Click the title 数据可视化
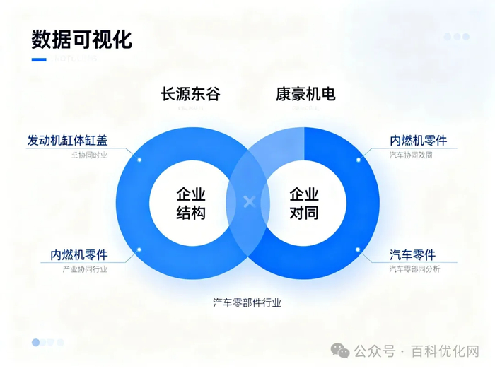coord(82,39)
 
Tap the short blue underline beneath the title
coord(39,59)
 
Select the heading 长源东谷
coord(191,94)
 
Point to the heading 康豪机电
coord(305,94)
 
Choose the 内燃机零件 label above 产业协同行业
coord(78,254)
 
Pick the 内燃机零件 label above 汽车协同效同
coord(418,140)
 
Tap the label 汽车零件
coord(412,254)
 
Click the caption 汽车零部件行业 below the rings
coord(248,302)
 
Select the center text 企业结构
coord(191,204)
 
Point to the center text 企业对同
coord(304,204)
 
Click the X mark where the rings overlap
coord(248,202)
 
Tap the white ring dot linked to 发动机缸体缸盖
coord(139,160)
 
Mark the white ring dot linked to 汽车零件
coord(358,249)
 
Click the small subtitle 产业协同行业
coord(86,269)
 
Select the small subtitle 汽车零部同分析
coord(414,269)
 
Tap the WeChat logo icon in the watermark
coord(342,351)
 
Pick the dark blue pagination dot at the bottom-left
coord(35,342)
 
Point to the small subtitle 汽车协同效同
coord(410,155)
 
